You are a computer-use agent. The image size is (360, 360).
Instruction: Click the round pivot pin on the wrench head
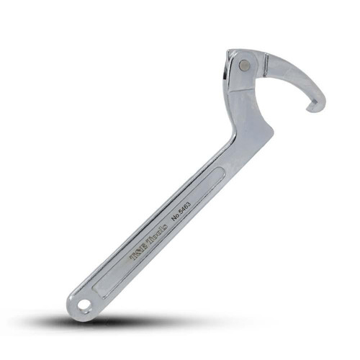click(246, 65)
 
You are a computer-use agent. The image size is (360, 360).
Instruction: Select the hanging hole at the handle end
click(85, 305)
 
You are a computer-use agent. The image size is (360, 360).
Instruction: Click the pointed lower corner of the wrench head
click(270, 130)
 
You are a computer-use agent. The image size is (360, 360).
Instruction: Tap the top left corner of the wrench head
click(229, 52)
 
